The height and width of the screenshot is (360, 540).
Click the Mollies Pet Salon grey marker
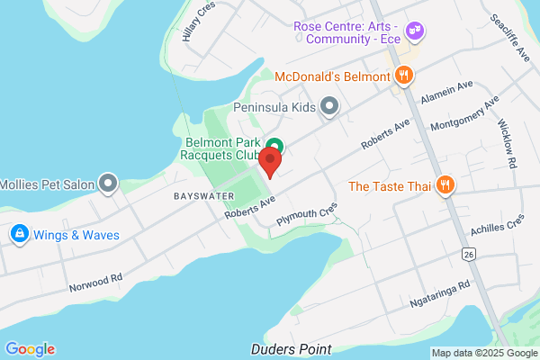pos(109,186)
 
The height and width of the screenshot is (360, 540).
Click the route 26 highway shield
pos(468,254)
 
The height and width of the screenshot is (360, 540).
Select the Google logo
pos(30,349)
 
